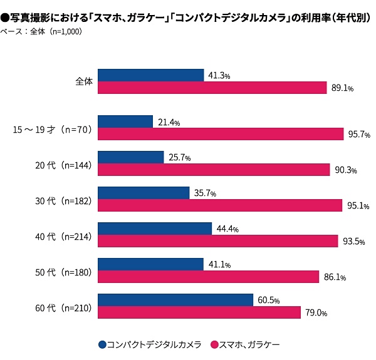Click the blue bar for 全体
151,75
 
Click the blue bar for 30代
144,193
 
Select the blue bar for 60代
175,300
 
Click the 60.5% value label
269,300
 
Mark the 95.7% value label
359,135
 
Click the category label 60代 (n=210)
64,307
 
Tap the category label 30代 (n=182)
64,200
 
